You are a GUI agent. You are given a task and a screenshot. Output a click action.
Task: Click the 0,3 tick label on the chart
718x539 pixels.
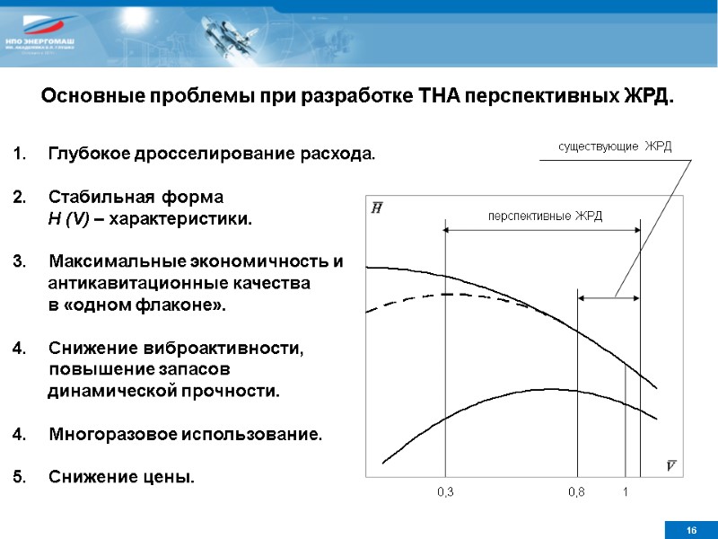click(x=445, y=491)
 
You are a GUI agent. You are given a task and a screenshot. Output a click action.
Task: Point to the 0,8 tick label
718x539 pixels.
click(x=576, y=491)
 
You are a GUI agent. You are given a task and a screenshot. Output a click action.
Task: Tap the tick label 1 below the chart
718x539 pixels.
click(x=626, y=491)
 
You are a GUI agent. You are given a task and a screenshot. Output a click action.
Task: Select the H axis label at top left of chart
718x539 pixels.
click(x=376, y=208)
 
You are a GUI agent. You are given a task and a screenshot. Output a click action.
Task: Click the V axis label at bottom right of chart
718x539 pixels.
click(x=671, y=464)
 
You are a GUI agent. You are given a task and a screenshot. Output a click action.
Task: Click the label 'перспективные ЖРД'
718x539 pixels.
click(x=545, y=216)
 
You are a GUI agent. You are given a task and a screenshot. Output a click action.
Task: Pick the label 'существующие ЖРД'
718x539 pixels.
click(x=615, y=146)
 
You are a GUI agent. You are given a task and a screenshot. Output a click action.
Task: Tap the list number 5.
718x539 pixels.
click(x=19, y=476)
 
